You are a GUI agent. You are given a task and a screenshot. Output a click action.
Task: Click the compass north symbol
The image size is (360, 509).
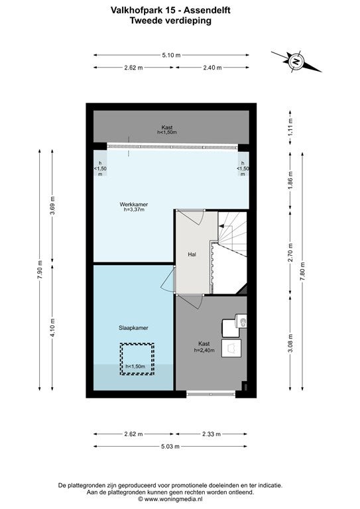click(x=296, y=61)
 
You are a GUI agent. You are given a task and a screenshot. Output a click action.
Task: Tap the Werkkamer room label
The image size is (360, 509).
click(x=134, y=205)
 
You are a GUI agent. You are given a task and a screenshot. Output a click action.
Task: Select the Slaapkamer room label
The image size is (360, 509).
click(x=133, y=328)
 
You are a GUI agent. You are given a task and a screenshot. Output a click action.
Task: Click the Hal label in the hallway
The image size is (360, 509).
click(x=192, y=254)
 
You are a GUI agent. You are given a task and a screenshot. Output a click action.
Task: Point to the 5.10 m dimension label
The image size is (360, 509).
click(x=171, y=55)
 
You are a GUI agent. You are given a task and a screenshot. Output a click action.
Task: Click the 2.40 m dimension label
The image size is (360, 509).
click(x=212, y=68)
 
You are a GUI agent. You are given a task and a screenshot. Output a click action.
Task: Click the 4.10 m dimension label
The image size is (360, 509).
click(x=52, y=327)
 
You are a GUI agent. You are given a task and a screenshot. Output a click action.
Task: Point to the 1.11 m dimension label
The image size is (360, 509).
click(x=290, y=127)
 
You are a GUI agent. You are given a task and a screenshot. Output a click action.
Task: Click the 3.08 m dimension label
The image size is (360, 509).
click(x=290, y=343)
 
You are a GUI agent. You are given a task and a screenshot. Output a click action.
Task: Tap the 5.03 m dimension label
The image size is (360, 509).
click(x=170, y=446)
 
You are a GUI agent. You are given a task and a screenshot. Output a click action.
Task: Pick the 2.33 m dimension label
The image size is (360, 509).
click(x=211, y=434)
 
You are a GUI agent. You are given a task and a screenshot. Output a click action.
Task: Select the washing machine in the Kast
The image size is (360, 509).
click(x=231, y=349)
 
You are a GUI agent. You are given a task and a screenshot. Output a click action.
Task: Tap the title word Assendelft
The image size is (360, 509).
click(x=207, y=11)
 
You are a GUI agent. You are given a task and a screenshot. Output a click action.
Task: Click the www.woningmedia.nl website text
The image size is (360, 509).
click(x=172, y=499)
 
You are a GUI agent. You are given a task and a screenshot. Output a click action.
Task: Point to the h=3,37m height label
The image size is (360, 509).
click(x=134, y=210)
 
